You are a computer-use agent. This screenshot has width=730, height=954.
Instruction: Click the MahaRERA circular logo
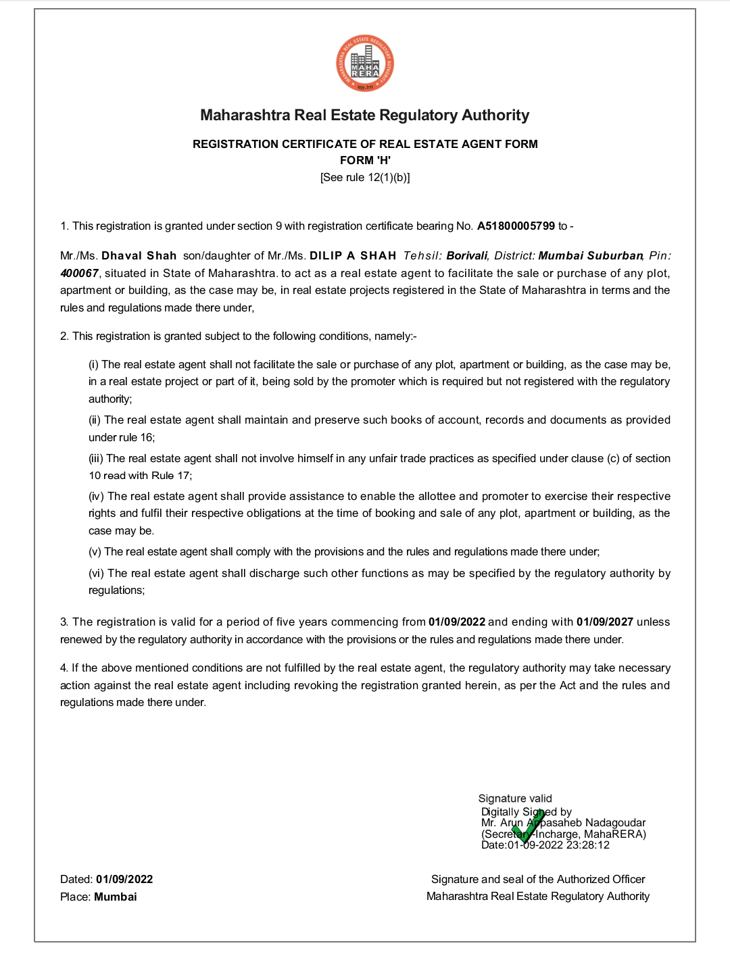point(365,64)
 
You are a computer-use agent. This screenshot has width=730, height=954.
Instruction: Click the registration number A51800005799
point(516,226)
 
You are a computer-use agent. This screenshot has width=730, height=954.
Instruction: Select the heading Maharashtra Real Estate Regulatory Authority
point(365,115)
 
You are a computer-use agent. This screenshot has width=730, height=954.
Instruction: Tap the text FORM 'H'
point(365,160)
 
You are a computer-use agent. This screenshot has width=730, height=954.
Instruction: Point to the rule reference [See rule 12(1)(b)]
point(365,177)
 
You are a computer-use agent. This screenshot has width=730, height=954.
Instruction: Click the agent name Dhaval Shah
point(139,256)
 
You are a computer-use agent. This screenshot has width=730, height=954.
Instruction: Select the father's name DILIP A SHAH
point(353,256)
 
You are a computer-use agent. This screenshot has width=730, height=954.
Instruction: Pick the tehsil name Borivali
point(466,256)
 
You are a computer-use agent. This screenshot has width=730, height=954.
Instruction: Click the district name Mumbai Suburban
point(591,256)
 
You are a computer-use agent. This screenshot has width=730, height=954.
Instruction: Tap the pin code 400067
point(79,274)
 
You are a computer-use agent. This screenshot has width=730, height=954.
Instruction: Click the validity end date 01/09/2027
point(604,622)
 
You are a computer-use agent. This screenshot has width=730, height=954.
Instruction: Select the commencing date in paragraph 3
point(457,622)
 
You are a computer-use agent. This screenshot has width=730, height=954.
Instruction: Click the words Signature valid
point(515,799)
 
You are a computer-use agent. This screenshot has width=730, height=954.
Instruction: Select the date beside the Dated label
point(124,880)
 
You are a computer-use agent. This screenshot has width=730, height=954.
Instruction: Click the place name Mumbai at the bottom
point(116,897)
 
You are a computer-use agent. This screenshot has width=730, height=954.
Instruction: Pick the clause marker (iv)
point(97,497)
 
